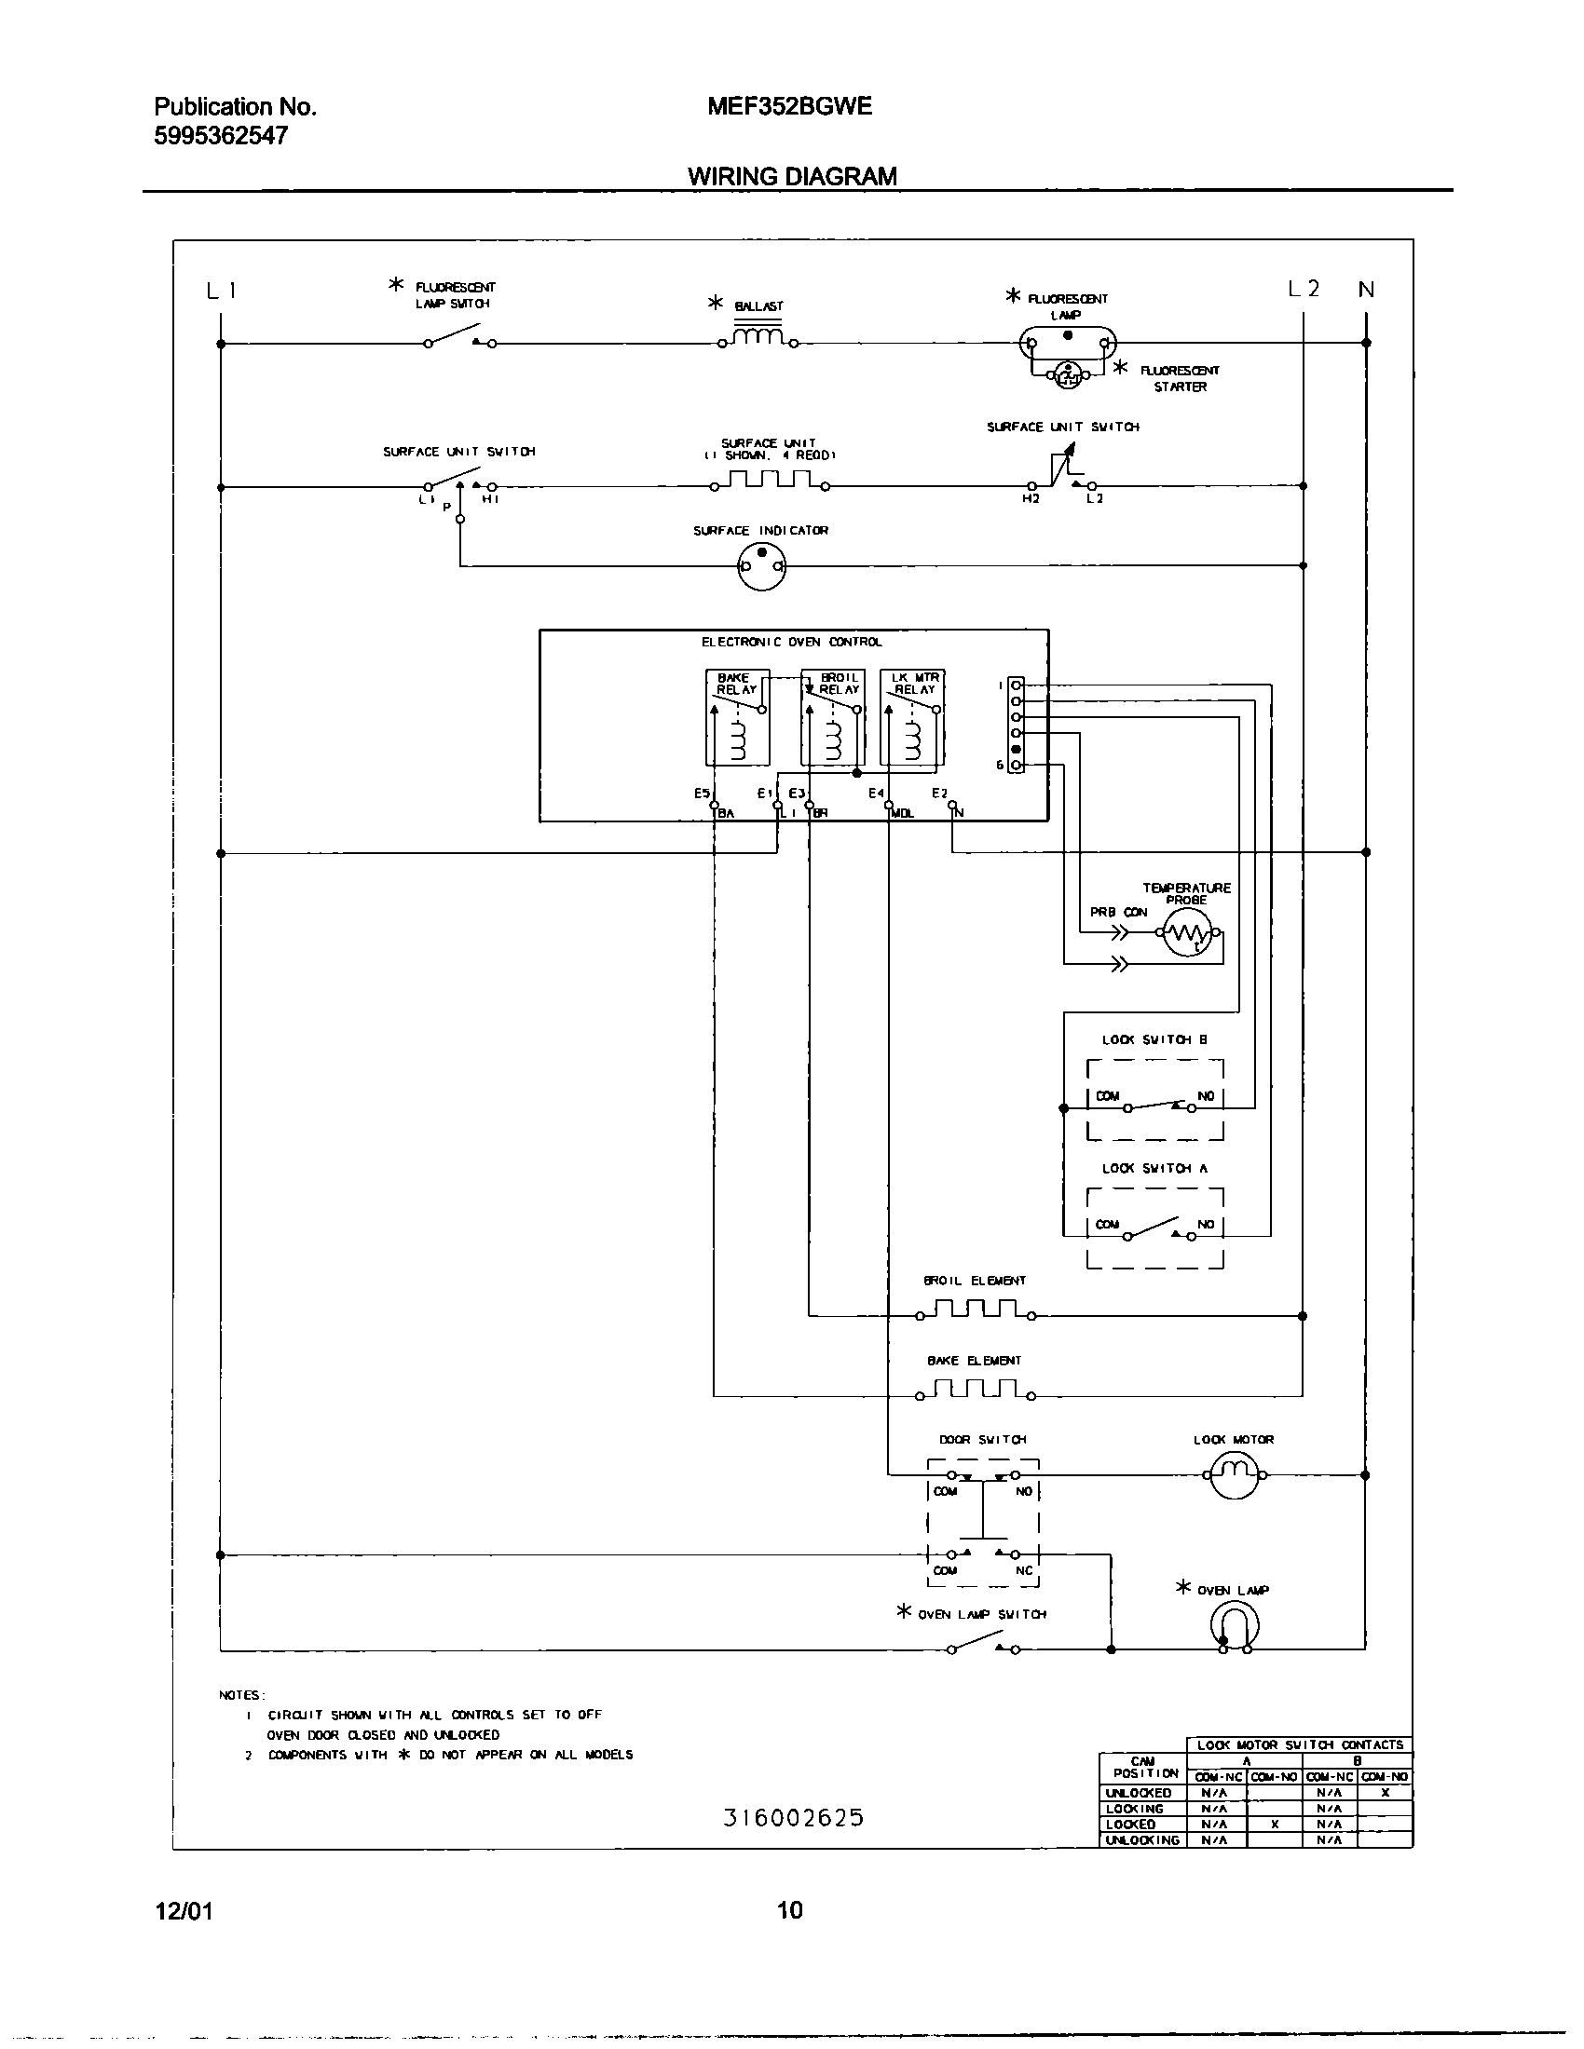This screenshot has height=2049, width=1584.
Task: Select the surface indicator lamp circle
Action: point(761,566)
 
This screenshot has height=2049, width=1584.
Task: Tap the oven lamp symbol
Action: point(1235,1627)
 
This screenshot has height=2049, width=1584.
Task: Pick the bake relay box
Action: point(738,717)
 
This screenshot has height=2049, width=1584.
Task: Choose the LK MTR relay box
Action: point(912,717)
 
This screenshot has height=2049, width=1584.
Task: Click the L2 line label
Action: point(1304,289)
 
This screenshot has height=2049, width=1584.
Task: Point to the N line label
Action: point(1366,290)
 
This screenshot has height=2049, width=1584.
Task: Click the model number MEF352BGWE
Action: point(789,106)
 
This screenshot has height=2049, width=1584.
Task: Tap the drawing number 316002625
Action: point(793,1818)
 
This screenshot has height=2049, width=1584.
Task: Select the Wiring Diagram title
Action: point(792,176)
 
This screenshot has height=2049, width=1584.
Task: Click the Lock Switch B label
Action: point(1154,1039)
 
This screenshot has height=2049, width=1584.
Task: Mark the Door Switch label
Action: point(982,1439)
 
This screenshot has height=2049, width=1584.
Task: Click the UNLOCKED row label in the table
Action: point(1140,1793)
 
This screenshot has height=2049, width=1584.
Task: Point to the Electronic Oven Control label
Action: point(792,642)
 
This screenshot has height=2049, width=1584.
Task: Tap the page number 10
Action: point(790,1910)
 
